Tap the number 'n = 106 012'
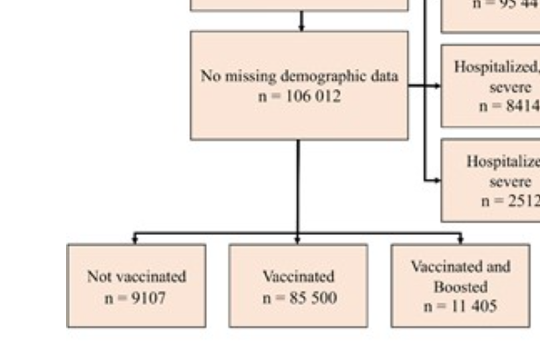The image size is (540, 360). [299, 96]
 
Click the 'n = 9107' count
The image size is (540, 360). [136, 297]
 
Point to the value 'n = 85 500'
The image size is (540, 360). [298, 297]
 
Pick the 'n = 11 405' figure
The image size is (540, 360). [460, 306]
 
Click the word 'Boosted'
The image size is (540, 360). [460, 287]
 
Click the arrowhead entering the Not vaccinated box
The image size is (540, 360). [136, 240]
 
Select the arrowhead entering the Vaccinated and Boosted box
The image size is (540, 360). [460, 240]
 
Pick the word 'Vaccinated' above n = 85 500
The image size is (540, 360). [298, 276]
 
